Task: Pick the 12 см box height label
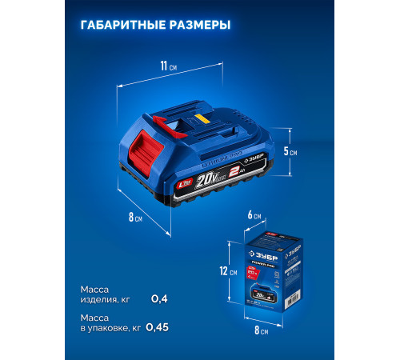pyautogui.click(x=232, y=273)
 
